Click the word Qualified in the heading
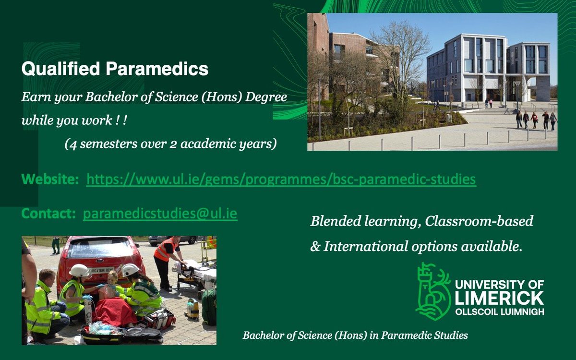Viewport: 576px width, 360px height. click(x=60, y=69)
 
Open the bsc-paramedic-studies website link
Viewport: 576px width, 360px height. click(x=281, y=179)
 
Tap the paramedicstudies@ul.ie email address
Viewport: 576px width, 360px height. click(x=160, y=214)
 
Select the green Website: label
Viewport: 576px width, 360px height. click(x=50, y=179)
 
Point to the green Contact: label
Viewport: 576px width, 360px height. click(x=48, y=214)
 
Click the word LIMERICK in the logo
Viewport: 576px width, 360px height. click(x=499, y=298)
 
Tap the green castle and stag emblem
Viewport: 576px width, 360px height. click(x=433, y=291)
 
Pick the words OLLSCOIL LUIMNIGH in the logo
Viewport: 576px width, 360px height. click(x=499, y=312)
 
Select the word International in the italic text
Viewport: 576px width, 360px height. click(x=365, y=246)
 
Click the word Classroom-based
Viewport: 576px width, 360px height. click(x=479, y=221)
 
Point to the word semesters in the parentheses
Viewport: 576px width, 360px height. click(x=108, y=144)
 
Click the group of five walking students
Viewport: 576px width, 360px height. click(x=536, y=120)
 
